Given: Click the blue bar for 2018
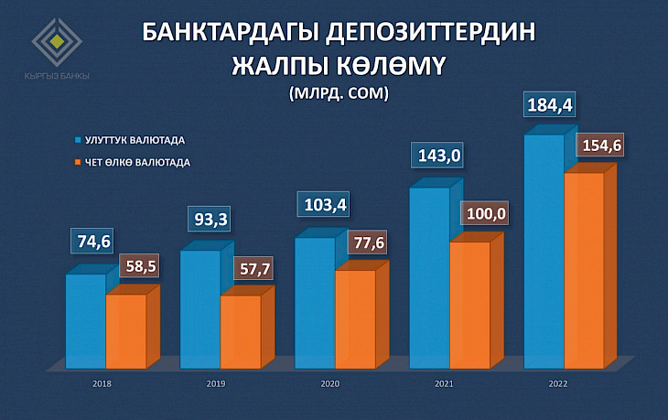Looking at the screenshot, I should click(x=85, y=320).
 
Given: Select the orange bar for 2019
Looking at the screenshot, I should click(x=240, y=331).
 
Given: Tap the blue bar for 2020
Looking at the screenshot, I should click(x=314, y=302).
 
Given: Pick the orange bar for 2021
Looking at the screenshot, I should click(x=469, y=304).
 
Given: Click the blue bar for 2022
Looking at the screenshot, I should click(x=543, y=252).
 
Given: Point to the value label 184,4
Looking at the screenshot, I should click(x=549, y=105).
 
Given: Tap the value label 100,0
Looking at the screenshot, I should click(x=487, y=215).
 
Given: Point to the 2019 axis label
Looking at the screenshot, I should click(x=216, y=383).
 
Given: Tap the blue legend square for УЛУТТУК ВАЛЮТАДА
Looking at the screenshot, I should click(x=78, y=141).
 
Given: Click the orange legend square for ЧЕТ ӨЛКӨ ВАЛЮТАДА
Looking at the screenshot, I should click(x=78, y=163).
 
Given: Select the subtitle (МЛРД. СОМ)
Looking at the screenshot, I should click(x=339, y=92).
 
